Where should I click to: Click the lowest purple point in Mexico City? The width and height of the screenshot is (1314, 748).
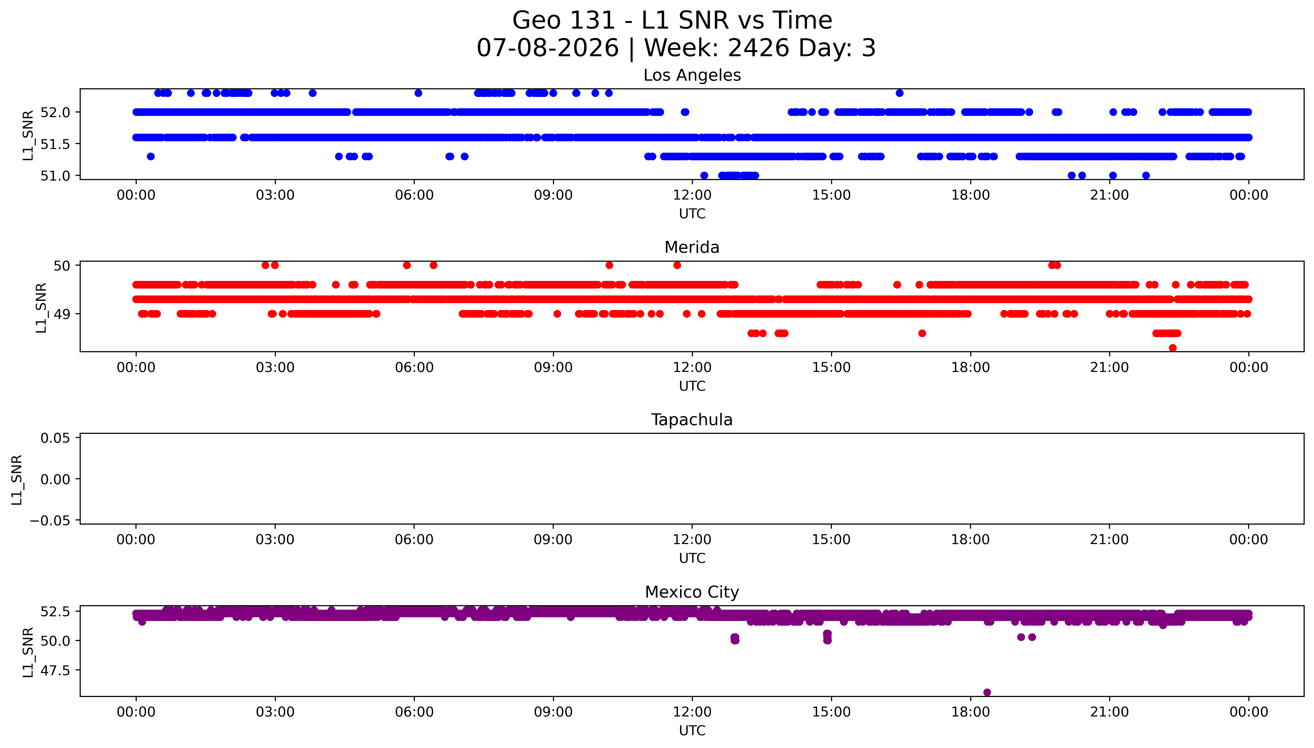click(x=987, y=692)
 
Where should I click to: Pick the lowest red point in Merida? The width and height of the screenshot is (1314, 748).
click(x=1172, y=348)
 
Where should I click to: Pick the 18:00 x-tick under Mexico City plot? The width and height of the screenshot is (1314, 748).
click(x=970, y=712)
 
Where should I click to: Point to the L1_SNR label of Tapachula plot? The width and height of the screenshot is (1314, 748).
click(x=17, y=479)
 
